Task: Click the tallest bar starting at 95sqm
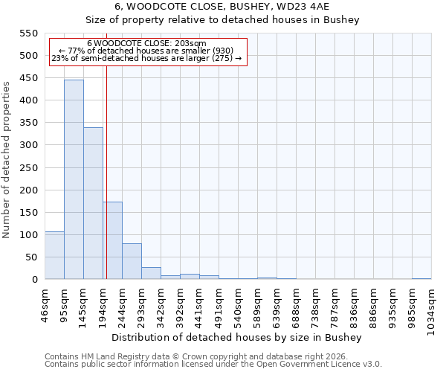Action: click(74, 179)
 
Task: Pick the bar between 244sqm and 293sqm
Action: click(132, 261)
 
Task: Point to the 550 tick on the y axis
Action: click(28, 33)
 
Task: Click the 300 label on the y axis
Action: click(28, 145)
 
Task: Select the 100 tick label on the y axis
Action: click(28, 235)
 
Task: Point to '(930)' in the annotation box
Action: click(221, 51)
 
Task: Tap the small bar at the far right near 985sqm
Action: click(421, 278)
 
